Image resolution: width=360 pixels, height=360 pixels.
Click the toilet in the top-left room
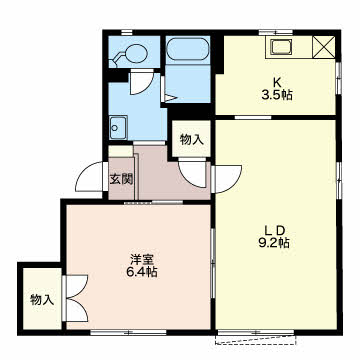[x=129, y=54]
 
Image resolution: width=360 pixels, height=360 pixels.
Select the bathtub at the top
[x=188, y=49]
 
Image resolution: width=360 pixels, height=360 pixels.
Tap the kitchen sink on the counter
[x=281, y=47]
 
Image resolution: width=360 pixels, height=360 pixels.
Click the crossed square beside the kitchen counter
[x=324, y=47]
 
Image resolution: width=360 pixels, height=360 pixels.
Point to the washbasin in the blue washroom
[x=118, y=127]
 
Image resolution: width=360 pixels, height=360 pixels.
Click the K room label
[x=276, y=82]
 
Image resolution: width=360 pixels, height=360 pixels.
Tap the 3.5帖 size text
[x=277, y=95]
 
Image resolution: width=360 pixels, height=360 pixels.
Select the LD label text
[x=275, y=230]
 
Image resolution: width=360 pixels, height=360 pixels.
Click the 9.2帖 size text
[x=274, y=243]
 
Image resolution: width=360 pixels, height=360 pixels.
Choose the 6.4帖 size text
[x=140, y=273]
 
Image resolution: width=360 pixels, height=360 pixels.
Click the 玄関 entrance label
[x=122, y=179]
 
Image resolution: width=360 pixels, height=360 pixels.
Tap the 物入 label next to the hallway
[x=192, y=139]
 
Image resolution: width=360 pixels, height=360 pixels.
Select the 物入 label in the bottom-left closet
[x=42, y=300]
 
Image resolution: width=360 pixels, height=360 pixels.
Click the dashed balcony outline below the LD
[x=256, y=340]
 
